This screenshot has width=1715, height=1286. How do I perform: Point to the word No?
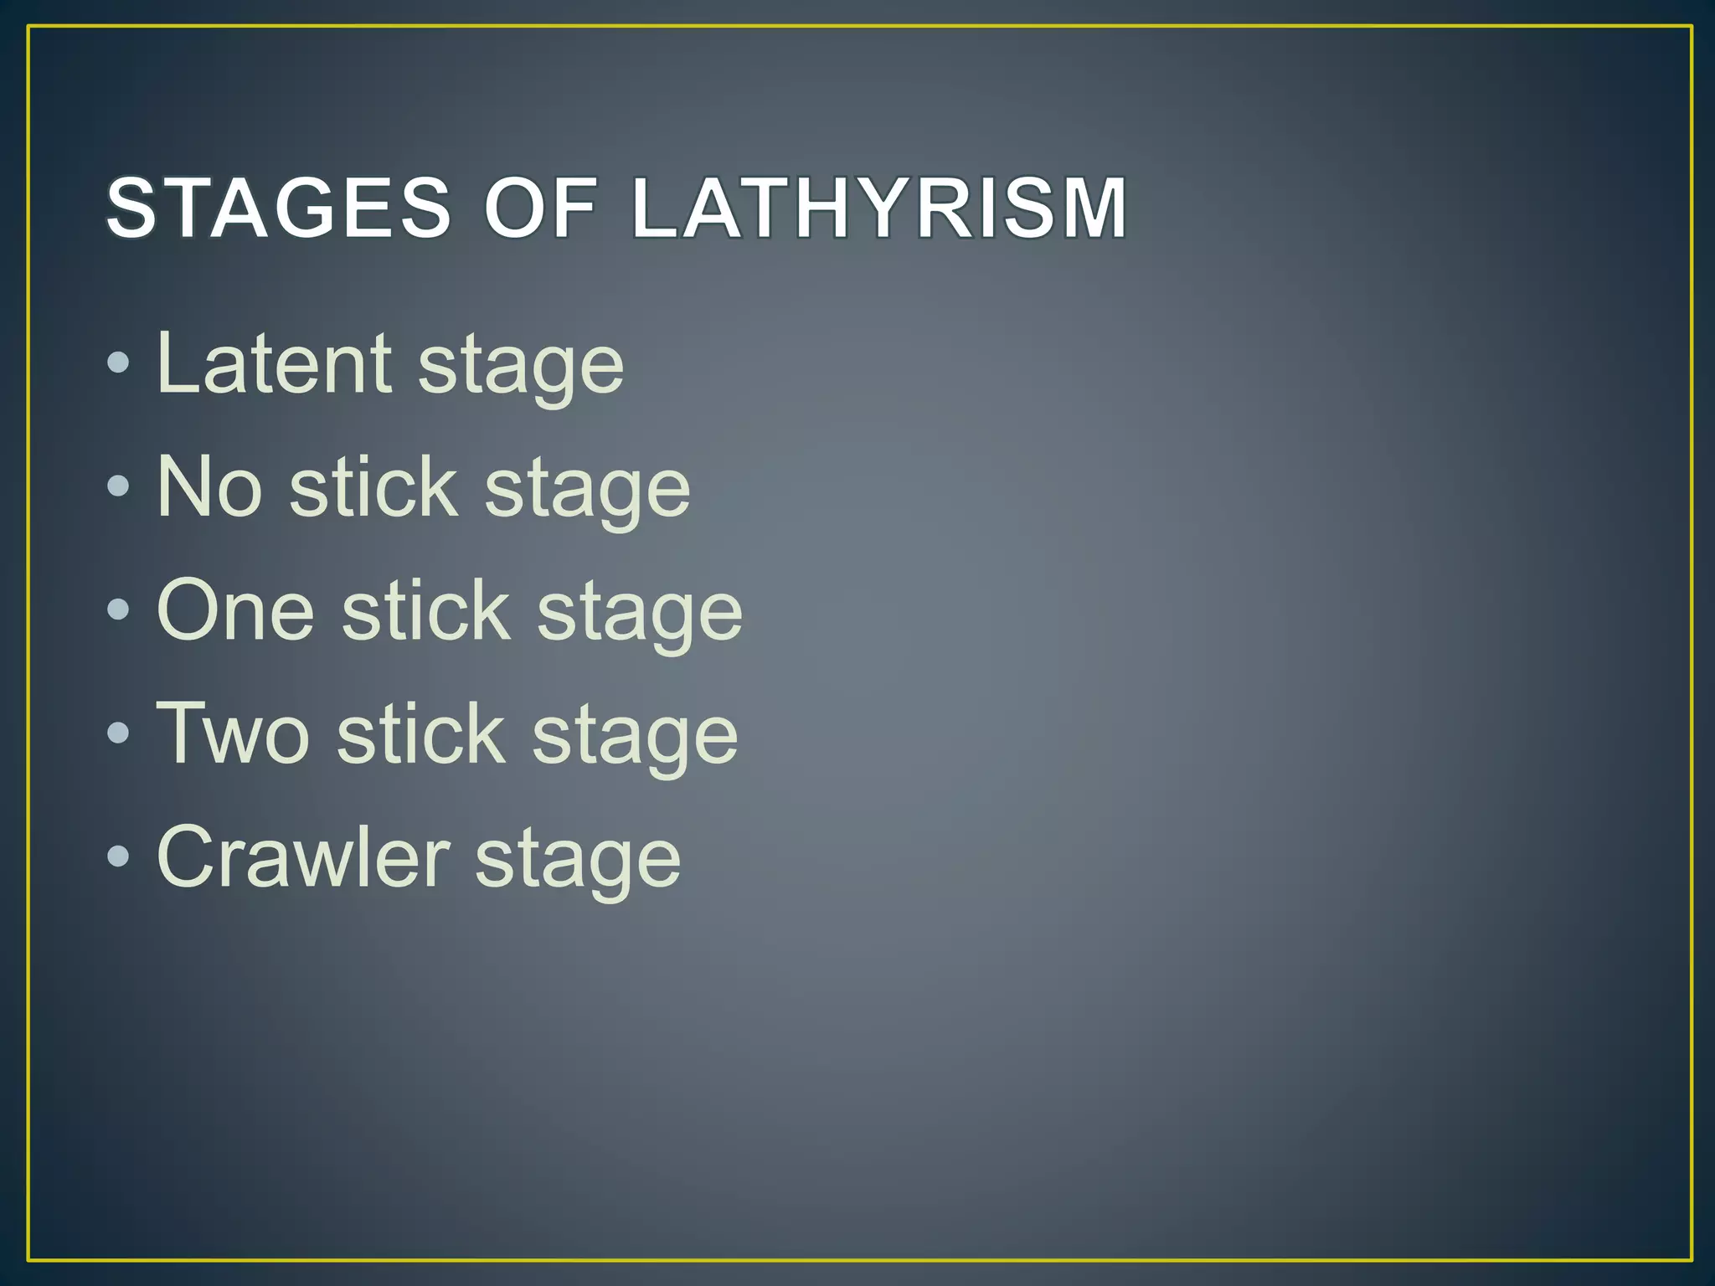(209, 486)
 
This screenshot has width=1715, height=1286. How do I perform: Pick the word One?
(235, 610)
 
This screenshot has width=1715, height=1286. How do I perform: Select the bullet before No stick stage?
(119, 486)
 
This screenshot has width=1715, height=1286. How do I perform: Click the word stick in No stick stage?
(373, 486)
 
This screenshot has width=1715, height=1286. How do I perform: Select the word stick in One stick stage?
(425, 610)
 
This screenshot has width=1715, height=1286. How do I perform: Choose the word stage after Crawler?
(578, 862)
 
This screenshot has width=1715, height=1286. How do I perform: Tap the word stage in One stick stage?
(640, 615)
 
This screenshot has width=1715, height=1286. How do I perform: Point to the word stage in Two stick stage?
(636, 738)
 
